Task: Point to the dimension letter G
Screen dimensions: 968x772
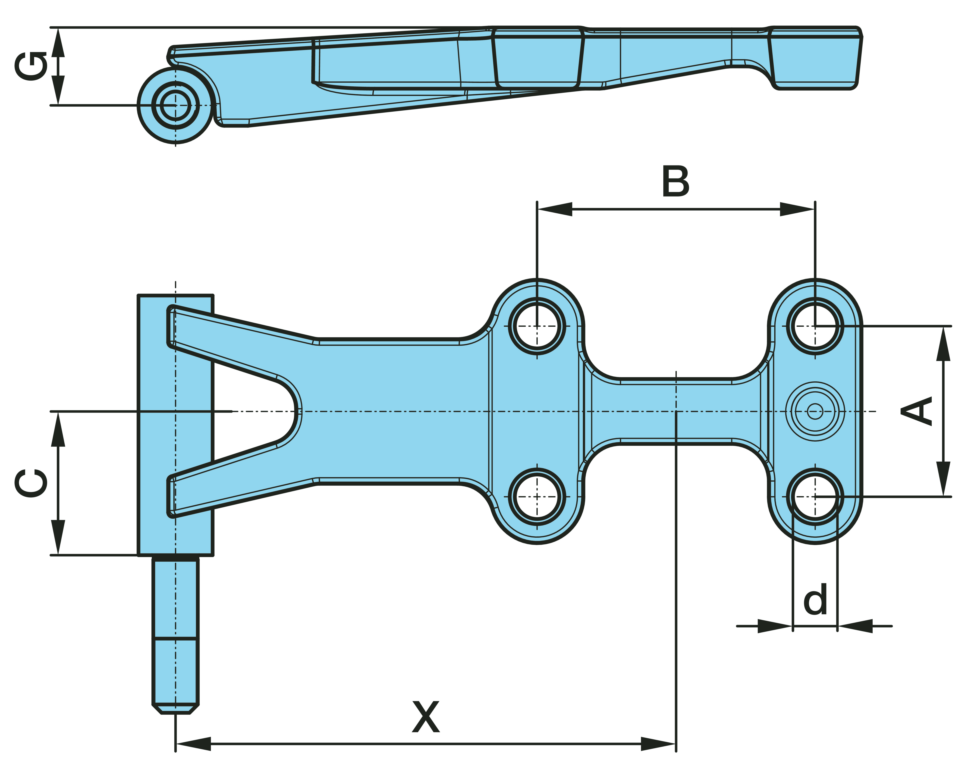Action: (30, 67)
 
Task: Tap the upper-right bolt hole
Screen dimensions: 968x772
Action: (815, 326)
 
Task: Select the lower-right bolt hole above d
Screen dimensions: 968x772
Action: (815, 497)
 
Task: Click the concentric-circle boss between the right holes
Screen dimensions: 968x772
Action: (815, 411)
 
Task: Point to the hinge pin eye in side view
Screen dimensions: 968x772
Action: (175, 105)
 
